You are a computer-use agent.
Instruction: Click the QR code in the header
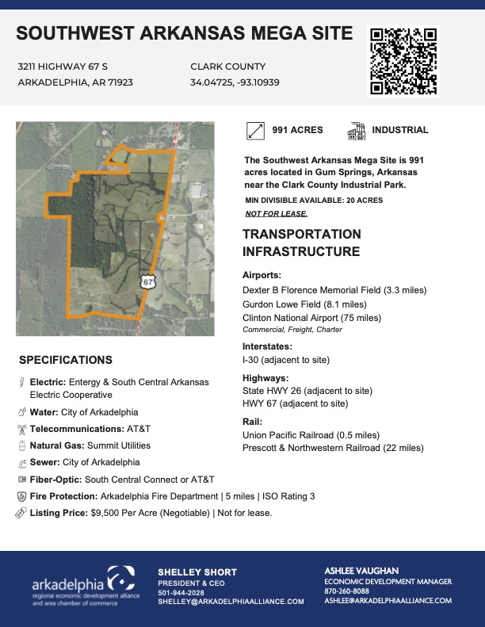403,61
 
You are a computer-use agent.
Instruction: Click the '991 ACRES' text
298,130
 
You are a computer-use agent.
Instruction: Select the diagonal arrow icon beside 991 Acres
256,130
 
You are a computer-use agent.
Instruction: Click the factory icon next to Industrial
356,130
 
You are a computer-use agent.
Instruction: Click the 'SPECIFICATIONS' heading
65,359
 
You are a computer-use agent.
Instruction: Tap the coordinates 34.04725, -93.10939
235,82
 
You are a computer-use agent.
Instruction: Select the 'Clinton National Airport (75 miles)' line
311,318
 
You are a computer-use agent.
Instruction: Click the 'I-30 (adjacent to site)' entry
286,360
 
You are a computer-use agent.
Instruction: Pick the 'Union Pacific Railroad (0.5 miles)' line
311,435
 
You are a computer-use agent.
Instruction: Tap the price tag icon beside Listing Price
21,513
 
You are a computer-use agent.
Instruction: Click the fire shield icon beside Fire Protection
21,496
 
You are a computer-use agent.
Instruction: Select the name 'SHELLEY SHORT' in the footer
197,572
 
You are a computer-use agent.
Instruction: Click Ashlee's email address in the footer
388,601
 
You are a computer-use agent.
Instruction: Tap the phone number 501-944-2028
181,592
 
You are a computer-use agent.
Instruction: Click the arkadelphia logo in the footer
83,586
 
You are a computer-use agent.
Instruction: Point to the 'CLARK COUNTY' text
228,67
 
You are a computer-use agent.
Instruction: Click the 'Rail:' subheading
252,422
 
